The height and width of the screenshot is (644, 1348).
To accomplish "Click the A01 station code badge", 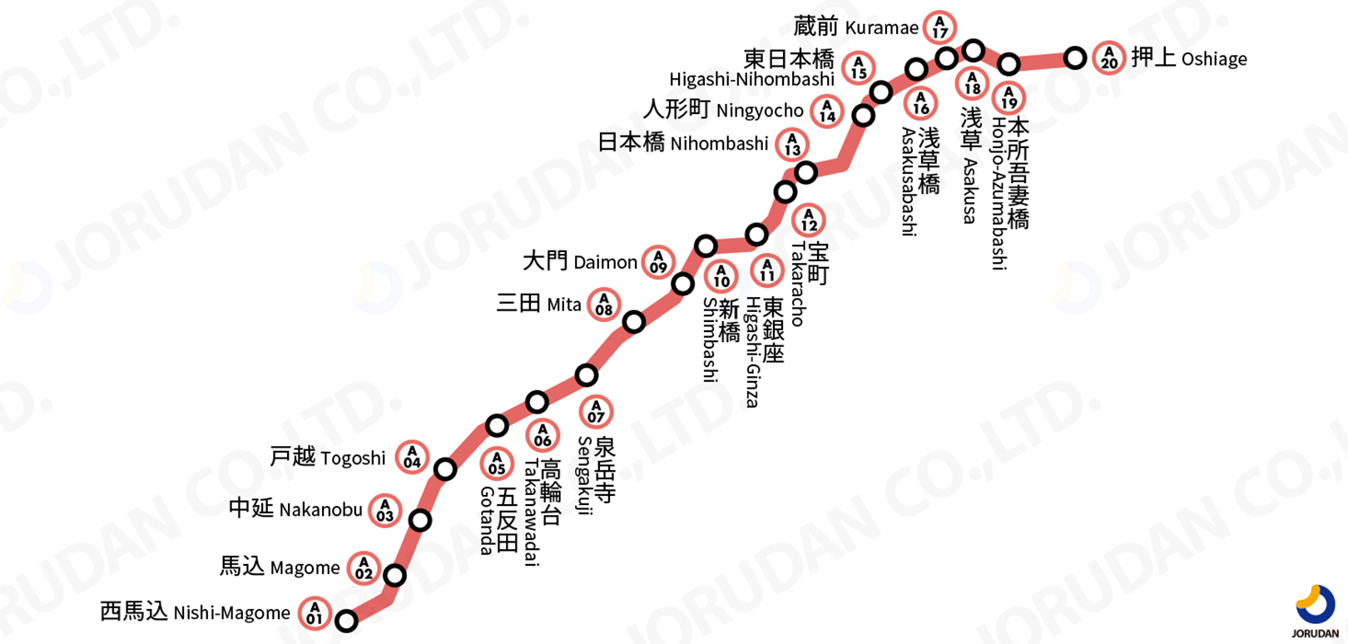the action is click(x=315, y=613).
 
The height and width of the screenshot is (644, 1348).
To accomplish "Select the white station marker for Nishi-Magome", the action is click(x=346, y=620).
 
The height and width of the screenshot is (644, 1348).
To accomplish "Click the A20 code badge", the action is click(x=1109, y=57).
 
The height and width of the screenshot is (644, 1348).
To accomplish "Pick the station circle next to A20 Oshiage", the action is click(x=1075, y=57).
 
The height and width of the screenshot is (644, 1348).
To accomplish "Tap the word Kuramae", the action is click(x=881, y=27).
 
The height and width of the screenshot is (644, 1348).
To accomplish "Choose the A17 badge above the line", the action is click(x=940, y=27).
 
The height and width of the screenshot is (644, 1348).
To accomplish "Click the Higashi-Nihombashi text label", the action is click(x=752, y=79).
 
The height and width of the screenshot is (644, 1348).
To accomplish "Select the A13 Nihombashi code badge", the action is click(x=792, y=145).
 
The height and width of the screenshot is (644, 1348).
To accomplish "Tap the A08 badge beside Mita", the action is click(x=604, y=305).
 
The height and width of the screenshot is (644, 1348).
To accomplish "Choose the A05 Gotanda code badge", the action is click(x=497, y=463).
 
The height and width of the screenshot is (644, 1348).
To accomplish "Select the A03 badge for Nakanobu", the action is click(x=384, y=510).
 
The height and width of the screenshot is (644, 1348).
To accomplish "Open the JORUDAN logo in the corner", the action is click(x=1314, y=611).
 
